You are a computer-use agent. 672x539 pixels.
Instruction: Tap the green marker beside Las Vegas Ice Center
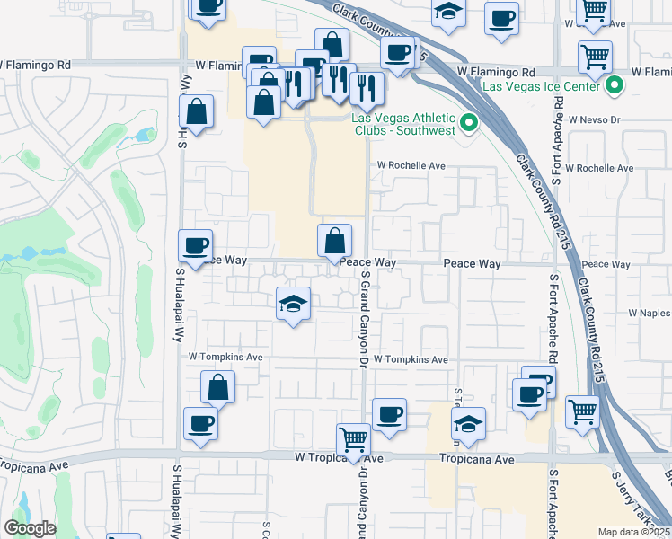click(x=615, y=87)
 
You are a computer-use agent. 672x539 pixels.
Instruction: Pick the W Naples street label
click(x=649, y=313)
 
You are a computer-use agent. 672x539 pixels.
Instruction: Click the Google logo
click(x=30, y=528)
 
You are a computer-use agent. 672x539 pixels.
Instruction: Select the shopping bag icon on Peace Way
click(x=334, y=242)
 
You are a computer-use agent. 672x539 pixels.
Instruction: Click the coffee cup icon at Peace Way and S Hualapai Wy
click(x=196, y=245)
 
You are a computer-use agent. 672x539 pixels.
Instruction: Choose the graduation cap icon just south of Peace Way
click(x=293, y=305)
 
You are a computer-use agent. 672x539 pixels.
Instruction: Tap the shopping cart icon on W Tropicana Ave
click(x=353, y=440)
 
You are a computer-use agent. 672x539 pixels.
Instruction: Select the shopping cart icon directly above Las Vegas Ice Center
click(x=595, y=57)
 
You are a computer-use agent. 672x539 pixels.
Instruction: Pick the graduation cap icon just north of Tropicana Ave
click(x=468, y=424)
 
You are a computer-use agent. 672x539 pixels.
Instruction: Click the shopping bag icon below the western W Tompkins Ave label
click(x=218, y=388)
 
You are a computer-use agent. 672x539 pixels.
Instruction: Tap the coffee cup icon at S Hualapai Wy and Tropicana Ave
click(x=199, y=424)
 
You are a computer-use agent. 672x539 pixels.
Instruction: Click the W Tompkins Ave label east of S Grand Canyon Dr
click(x=411, y=359)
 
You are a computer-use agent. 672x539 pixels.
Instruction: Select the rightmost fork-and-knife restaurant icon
click(x=366, y=88)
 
